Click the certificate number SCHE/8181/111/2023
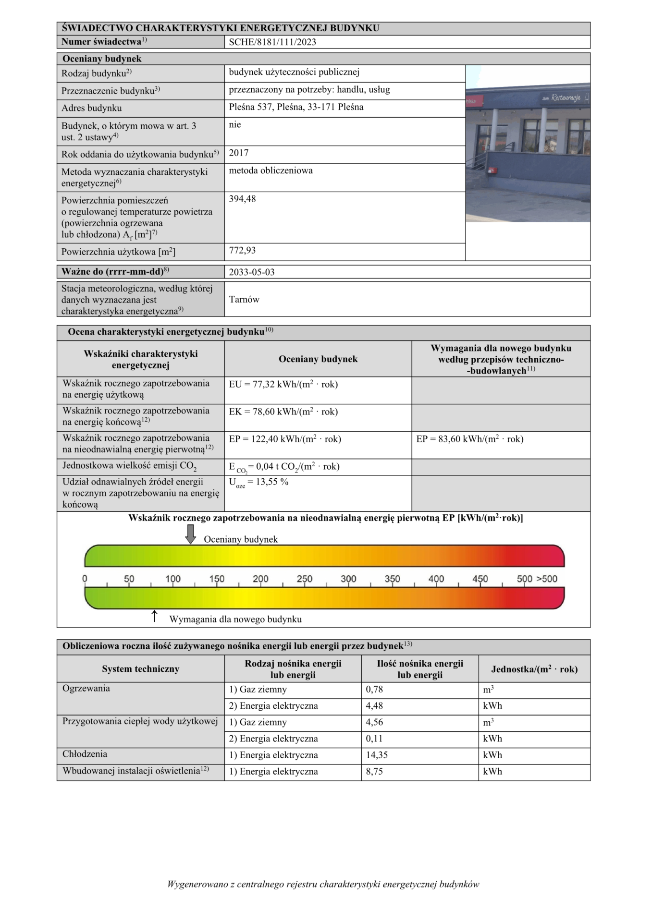click(272, 42)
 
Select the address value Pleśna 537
click(296, 107)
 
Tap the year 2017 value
click(239, 153)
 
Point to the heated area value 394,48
click(242, 199)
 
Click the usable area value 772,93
click(242, 251)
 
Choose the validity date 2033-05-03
click(252, 272)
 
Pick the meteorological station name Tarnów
click(244, 300)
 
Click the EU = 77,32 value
click(283, 385)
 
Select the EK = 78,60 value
click(283, 412)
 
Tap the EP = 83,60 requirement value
click(469, 439)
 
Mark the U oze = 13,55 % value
click(258, 483)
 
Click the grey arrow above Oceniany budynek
click(191, 534)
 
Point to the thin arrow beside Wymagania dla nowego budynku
click(154, 616)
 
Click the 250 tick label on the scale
click(304, 579)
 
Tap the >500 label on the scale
click(547, 579)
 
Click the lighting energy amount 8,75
click(374, 772)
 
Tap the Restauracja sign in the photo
click(566, 98)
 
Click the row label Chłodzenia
click(85, 754)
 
